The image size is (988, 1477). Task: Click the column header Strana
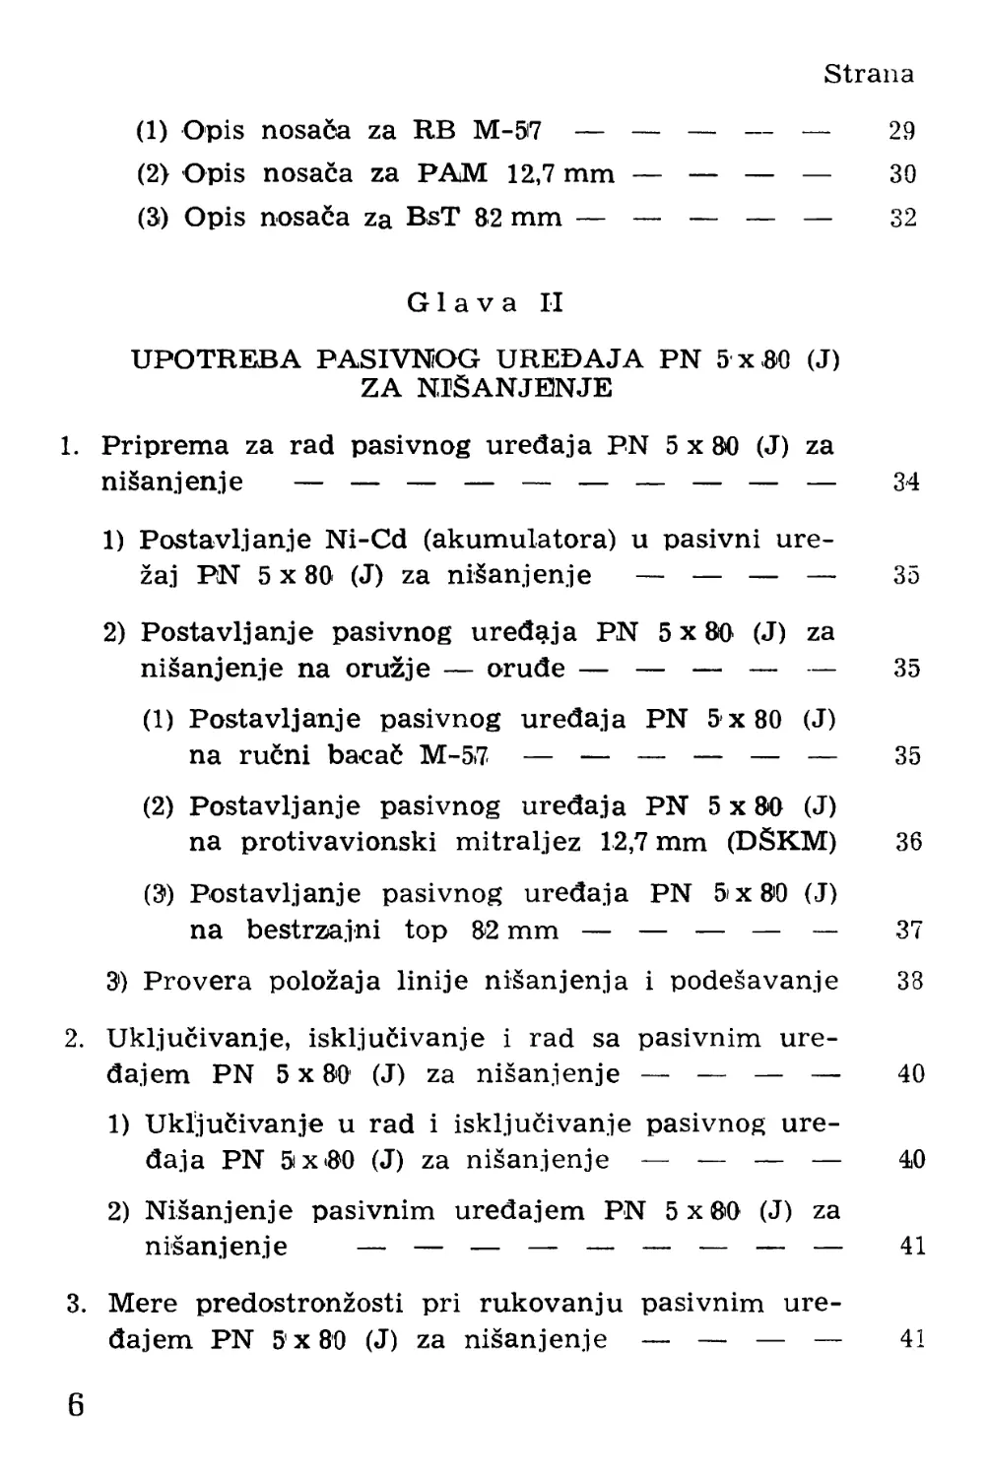coord(868,74)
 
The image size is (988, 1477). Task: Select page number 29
coord(901,130)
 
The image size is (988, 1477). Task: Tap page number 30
coord(901,174)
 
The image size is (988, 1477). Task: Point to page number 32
coord(902,218)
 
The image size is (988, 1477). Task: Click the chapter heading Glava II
coord(486,302)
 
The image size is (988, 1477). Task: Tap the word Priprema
coord(165,445)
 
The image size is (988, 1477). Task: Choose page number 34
coord(905,482)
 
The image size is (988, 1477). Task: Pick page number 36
coord(907,843)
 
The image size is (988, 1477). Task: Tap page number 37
coord(908,930)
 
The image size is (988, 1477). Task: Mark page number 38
coord(909,981)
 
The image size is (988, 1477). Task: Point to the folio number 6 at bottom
coord(76,1404)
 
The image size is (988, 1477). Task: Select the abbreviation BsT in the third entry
coord(432,217)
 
